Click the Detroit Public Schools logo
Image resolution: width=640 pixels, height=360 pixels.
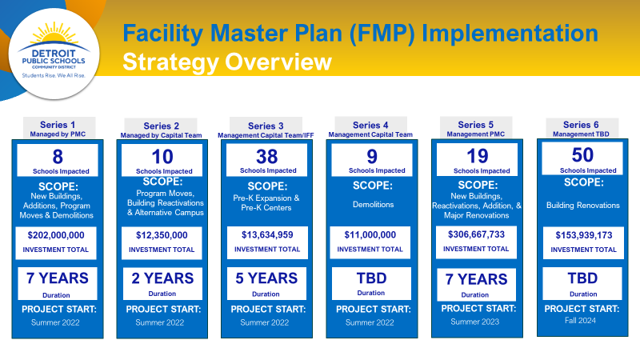coord(54,53)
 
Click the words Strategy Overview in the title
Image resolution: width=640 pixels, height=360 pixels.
coord(227,62)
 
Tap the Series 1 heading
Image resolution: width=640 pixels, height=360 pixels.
coord(58,125)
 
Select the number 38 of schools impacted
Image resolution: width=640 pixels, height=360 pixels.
coord(267,157)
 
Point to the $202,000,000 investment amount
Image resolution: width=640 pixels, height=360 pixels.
coord(56,235)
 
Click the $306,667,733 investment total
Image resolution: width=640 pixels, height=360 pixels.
coord(476,234)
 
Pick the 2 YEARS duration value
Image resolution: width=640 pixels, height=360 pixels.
coord(162,278)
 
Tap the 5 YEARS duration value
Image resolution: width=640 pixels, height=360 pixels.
coord(266,278)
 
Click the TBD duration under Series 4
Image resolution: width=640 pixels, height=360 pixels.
coord(371,278)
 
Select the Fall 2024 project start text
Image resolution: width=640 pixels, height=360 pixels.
coord(581,321)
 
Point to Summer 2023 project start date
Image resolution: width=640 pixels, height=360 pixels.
coord(475,322)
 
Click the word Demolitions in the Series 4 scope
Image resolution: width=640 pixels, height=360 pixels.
coord(373,205)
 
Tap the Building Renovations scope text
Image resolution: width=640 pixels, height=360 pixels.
coord(583,206)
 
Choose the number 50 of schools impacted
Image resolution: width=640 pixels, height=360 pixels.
coord(582,155)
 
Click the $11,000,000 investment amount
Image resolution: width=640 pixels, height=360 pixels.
coord(370,234)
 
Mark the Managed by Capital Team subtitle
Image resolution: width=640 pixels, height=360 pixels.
coord(162,135)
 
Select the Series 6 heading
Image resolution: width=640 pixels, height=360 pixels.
coord(581,125)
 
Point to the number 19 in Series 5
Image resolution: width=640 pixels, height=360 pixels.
coord(478,156)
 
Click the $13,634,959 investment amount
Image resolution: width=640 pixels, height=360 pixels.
coord(267,234)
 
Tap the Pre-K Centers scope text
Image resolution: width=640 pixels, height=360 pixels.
coord(266,208)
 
